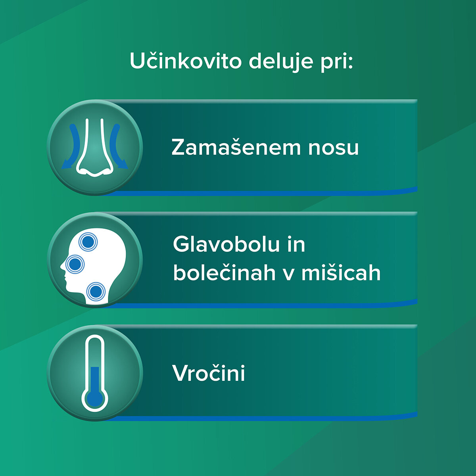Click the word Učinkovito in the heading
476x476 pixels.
pos(186,61)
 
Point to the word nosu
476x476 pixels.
pos(333,149)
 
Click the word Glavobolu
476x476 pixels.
pos(227,244)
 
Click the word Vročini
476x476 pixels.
pos(209,373)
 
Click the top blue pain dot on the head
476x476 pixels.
pos(88,242)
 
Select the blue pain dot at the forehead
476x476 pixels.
pos(75,264)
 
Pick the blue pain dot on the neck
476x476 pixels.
pos(96,292)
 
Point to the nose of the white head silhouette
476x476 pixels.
pos(62,266)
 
